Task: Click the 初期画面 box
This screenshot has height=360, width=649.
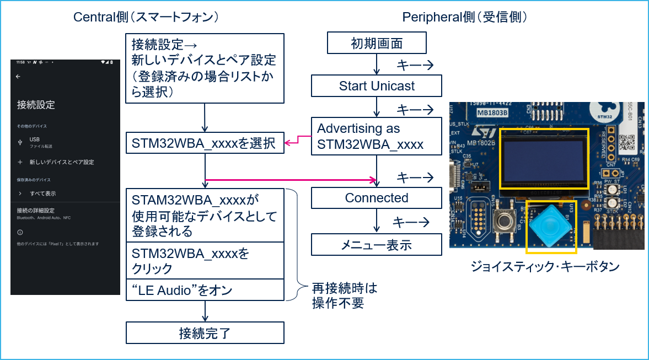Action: coord(377,44)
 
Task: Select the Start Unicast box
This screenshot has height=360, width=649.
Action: coord(377,86)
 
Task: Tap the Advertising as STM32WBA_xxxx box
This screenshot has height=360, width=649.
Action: coord(377,137)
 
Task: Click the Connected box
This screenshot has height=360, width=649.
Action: coord(377,198)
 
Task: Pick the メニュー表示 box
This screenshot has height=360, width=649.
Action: coord(377,245)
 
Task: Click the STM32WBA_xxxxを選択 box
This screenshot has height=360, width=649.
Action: coord(205,144)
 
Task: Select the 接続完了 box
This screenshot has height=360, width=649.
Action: coord(205,333)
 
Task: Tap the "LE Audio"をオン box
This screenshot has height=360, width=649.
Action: coord(205,290)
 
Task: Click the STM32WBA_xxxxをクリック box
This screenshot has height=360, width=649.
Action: coord(205,261)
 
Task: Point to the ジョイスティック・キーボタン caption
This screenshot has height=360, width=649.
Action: coord(551,266)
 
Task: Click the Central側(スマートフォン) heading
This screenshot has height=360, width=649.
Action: coord(147,18)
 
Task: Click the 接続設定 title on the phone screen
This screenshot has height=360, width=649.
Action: coord(36,105)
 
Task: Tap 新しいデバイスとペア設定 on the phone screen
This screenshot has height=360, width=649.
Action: coord(61,162)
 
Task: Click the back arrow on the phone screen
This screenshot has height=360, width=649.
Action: coord(18,77)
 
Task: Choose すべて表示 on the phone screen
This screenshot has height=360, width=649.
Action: coord(42,194)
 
